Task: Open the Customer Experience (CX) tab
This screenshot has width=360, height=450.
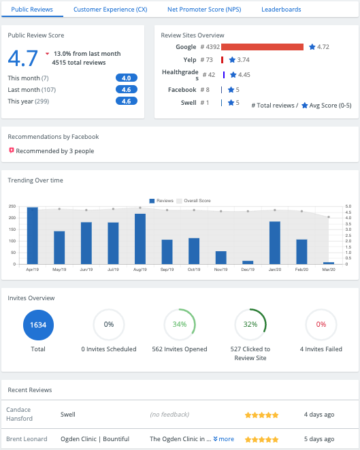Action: (110, 10)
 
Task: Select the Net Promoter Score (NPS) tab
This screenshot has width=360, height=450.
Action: (204, 10)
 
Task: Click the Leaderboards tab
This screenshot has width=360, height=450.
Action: (281, 10)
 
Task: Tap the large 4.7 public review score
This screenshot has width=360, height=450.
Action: (23, 58)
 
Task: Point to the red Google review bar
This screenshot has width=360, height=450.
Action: (262, 47)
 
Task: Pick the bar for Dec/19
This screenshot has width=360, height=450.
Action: (248, 262)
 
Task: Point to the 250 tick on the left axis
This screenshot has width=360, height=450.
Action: (12, 206)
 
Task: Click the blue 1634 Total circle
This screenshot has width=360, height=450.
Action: (38, 325)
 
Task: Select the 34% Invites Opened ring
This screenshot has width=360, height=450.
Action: (180, 325)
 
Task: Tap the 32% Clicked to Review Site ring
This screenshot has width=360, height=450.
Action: (250, 325)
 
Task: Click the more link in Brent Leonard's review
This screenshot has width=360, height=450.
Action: (224, 439)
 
